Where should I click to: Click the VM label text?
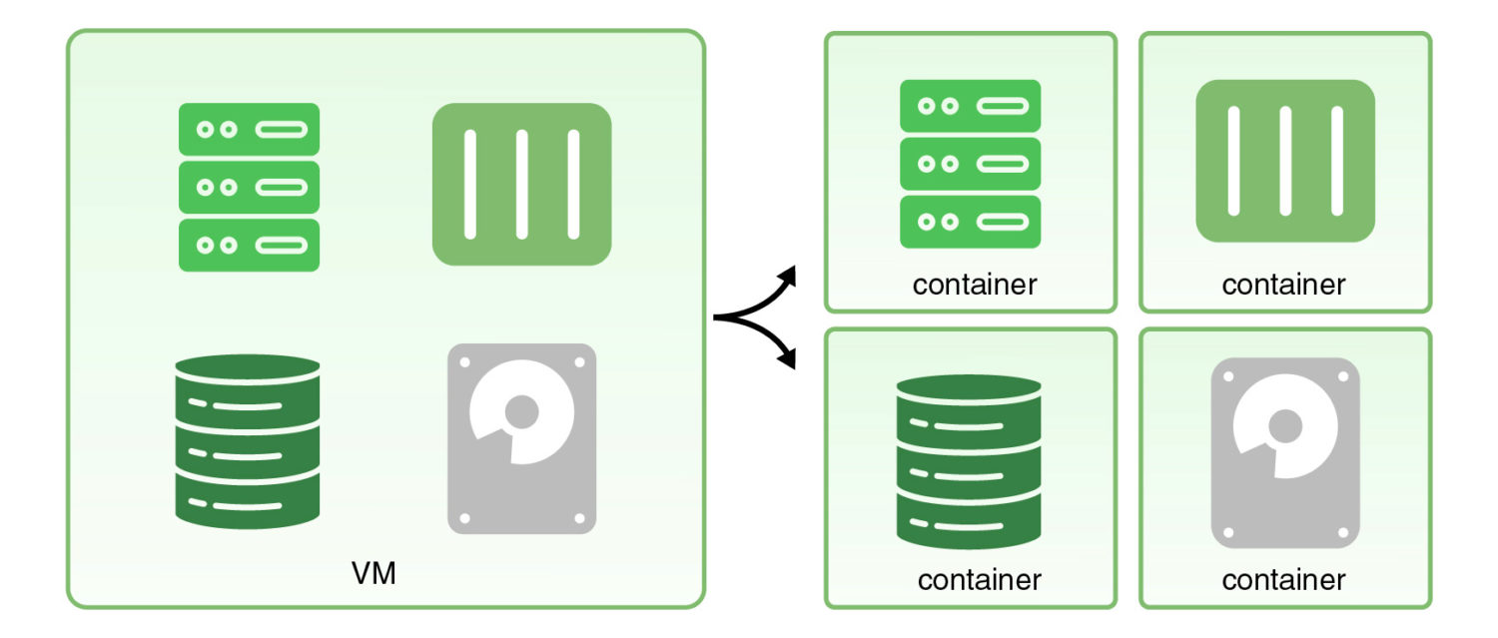(x=374, y=574)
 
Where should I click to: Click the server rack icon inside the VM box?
(x=249, y=187)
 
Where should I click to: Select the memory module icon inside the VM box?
(x=521, y=184)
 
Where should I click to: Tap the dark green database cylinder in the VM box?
(x=248, y=440)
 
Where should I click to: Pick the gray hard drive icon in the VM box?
(x=521, y=438)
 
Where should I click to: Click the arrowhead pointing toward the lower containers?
(x=789, y=360)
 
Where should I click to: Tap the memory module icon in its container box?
(x=1285, y=161)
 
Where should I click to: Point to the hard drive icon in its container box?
(x=1285, y=452)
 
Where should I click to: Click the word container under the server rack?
(x=975, y=285)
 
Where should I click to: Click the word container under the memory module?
(x=1283, y=285)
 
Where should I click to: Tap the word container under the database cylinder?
(x=979, y=579)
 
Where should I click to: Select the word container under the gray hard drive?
(x=1283, y=579)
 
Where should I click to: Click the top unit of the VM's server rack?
(x=249, y=129)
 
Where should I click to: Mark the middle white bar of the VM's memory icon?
(x=521, y=184)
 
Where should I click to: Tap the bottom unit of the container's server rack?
(x=970, y=222)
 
